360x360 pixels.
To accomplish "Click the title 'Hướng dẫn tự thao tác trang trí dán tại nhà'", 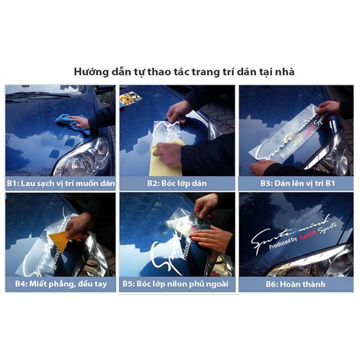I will point(184,71).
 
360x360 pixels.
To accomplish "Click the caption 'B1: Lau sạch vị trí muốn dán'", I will point(61,183).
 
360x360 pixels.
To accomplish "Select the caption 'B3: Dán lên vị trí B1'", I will point(296,183).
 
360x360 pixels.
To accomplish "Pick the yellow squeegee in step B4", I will point(61,241).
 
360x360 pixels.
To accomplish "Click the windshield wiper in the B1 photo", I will point(39,94).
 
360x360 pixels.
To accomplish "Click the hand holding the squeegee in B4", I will point(78,225).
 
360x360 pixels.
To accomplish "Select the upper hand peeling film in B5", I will point(205,204).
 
